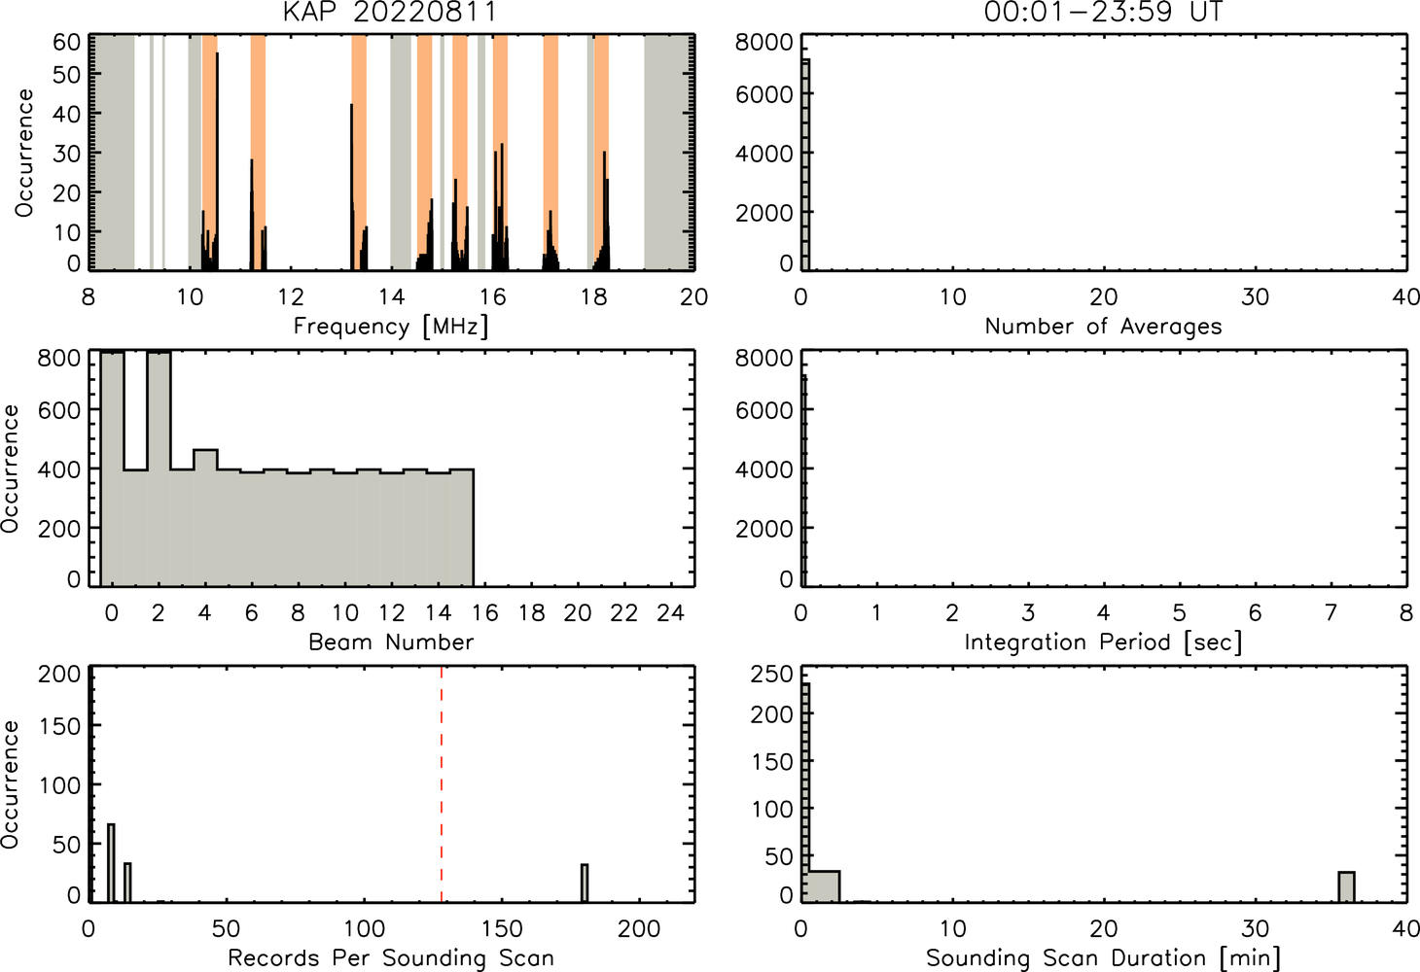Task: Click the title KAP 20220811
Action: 390,11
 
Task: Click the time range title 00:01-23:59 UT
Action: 1103,11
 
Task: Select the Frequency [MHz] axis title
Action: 391,327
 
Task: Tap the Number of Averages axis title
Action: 1103,326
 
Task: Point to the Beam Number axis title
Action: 391,642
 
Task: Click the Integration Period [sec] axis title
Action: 1103,642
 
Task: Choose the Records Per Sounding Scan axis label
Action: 391,957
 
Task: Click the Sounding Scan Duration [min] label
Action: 1103,957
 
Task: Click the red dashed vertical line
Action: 442,783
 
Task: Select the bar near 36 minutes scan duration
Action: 1346,887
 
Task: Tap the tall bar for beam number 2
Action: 160,469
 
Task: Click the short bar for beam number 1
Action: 135,528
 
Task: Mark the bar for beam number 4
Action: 206,518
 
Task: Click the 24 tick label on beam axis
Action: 671,612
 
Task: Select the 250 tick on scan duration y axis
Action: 771,674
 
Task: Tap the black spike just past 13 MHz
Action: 352,187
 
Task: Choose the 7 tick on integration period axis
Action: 1331,612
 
